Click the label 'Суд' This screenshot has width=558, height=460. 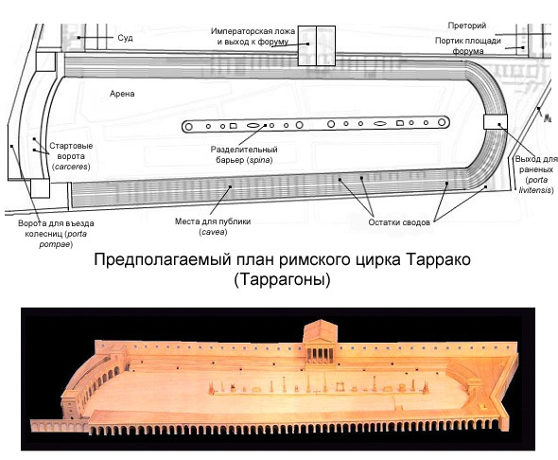[x=125, y=38]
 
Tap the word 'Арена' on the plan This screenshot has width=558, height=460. [x=122, y=94]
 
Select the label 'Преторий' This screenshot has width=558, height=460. [x=467, y=26]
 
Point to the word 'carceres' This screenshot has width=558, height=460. [x=72, y=167]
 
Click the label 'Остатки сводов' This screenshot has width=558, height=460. [x=399, y=222]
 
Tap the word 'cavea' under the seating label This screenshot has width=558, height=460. [x=214, y=232]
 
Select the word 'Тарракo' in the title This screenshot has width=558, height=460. [x=438, y=259]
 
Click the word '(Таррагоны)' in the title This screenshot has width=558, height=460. [x=282, y=279]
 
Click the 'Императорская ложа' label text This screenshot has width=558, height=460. [x=253, y=31]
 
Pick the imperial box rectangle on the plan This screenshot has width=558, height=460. [x=317, y=46]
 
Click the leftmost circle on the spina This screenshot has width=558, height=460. [x=189, y=127]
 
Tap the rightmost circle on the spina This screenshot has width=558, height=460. [x=442, y=122]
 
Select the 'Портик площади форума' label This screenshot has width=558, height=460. [x=468, y=46]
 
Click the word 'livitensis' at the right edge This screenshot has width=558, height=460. [x=534, y=190]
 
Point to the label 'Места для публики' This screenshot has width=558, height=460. [x=213, y=221]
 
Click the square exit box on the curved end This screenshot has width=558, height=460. [x=495, y=122]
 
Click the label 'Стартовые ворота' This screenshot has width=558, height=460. [x=71, y=150]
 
